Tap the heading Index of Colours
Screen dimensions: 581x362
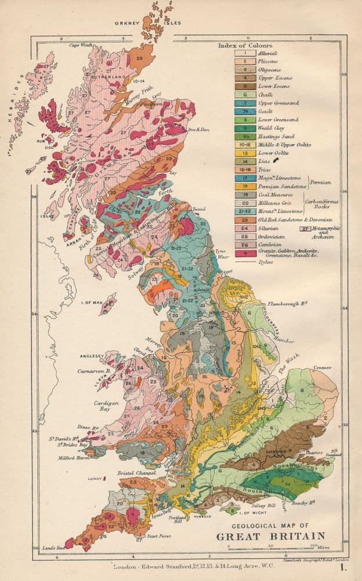pos(245,45)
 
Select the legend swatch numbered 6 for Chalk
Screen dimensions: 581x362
pos(245,94)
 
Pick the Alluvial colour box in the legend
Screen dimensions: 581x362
pos(245,53)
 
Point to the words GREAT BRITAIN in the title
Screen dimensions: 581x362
pos(270,536)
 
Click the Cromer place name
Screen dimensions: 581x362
pos(322,367)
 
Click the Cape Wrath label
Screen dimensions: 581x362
pos(82,45)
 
